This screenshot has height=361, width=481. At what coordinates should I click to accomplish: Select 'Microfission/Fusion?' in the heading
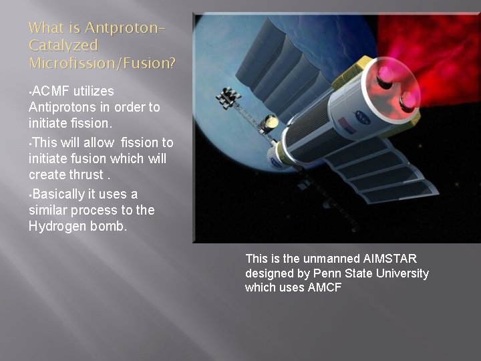[x=102, y=64]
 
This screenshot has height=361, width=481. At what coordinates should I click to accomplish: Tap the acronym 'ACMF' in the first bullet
[x=51, y=91]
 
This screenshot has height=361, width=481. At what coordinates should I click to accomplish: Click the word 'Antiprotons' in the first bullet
[x=61, y=108]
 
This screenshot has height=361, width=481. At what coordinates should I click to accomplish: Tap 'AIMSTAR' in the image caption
[x=390, y=259]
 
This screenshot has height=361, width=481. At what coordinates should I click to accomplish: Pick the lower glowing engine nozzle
[x=406, y=101]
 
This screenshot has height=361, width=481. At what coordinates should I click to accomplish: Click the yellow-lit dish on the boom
[x=271, y=122]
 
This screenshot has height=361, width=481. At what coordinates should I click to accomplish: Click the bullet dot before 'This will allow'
[x=30, y=143]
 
